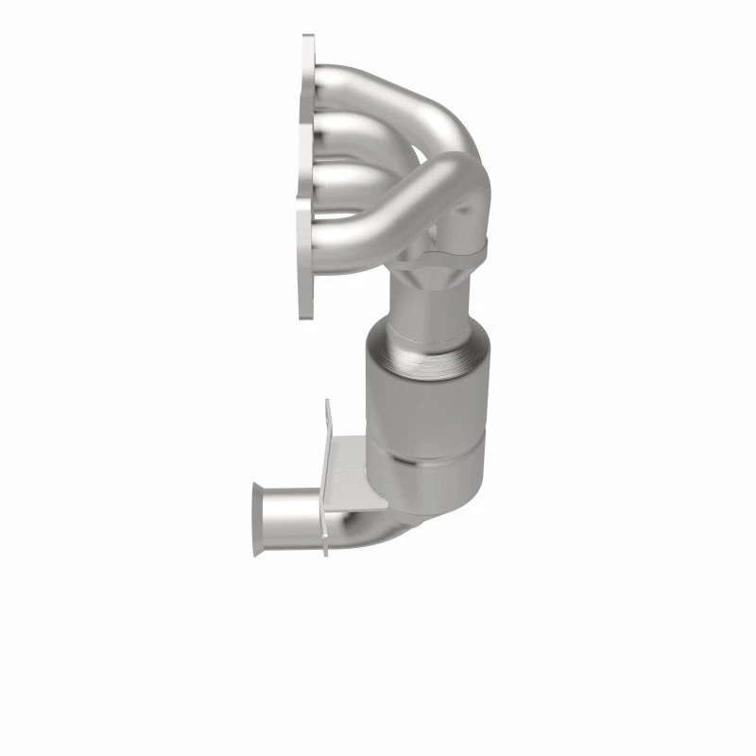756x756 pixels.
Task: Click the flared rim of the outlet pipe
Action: [257, 520]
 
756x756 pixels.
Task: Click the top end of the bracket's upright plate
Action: [329, 406]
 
